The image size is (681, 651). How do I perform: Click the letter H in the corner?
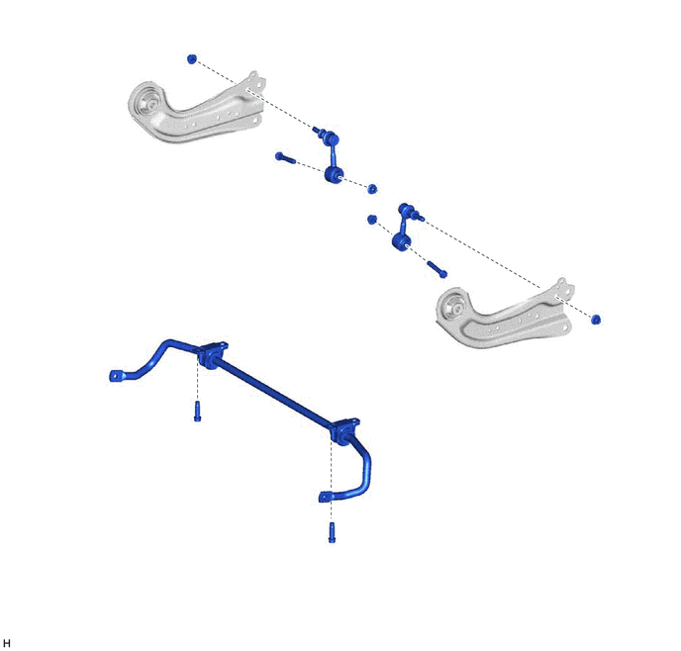[x=7, y=643]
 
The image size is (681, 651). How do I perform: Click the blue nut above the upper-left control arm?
[x=192, y=59]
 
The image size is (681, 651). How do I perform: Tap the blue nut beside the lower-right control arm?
[x=596, y=320]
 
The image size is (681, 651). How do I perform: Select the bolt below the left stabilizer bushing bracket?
[x=197, y=411]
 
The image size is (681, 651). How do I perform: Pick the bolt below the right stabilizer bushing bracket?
[x=332, y=532]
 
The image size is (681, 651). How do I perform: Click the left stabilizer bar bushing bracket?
[x=211, y=355]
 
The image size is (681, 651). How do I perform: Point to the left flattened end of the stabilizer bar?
[x=117, y=375]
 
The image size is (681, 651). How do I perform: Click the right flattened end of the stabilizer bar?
[x=326, y=497]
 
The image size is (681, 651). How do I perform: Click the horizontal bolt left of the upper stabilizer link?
[x=285, y=157]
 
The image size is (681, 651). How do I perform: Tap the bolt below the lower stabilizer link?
[x=437, y=269]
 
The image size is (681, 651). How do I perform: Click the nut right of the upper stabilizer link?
[x=372, y=189]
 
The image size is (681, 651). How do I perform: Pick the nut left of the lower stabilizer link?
[x=371, y=220]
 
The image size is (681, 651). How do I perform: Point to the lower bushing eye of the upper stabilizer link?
[x=334, y=175]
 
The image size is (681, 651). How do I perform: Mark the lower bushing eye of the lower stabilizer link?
[x=401, y=241]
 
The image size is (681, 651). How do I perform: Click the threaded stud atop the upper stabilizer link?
[x=317, y=130]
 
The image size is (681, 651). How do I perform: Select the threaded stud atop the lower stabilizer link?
[x=419, y=217]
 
